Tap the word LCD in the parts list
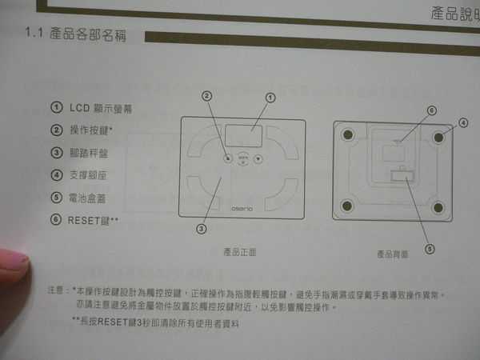[79, 107]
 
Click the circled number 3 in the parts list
[56, 152]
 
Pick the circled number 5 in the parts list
[56, 196]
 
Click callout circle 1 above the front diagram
[270, 98]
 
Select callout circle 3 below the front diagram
[202, 227]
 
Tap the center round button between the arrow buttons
[243, 158]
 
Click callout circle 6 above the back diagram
[430, 110]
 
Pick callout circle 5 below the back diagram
[430, 248]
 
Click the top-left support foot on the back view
[346, 136]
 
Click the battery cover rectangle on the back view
[402, 177]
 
